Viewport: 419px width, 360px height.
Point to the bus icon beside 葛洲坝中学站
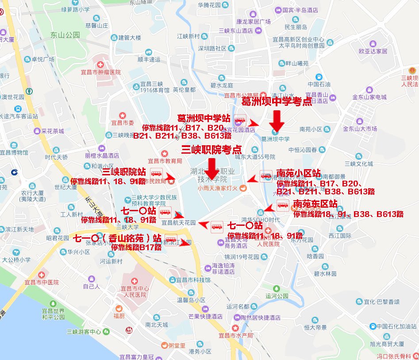point(240,120)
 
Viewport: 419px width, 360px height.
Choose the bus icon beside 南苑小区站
point(266,176)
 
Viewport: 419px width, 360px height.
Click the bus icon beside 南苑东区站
point(283,205)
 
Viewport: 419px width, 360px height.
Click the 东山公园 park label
point(65,35)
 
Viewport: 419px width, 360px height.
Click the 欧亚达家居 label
point(373,51)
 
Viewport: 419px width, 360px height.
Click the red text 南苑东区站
point(315,204)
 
